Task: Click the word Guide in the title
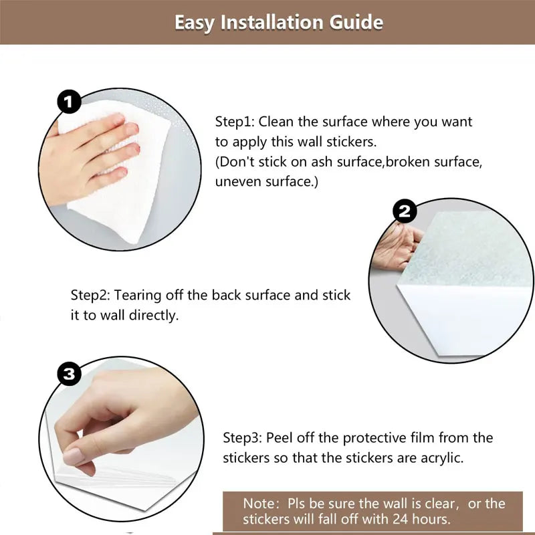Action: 356,23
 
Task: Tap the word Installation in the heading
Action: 272,23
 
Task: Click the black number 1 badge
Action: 70,102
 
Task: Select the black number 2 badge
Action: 405,211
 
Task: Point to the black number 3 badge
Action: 70,373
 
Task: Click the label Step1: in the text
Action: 235,122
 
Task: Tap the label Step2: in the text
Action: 90,296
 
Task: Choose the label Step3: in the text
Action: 242,438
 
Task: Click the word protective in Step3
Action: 374,439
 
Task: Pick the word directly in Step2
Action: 154,316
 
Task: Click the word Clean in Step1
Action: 276,122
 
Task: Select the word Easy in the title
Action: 195,23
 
